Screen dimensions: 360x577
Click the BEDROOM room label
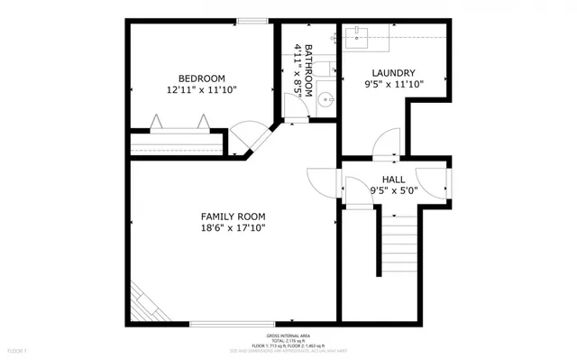[x=201, y=78]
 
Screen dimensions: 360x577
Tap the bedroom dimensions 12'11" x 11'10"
[x=201, y=90]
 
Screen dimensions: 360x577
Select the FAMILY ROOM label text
[x=233, y=217]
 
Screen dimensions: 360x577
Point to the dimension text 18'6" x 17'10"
[x=233, y=230]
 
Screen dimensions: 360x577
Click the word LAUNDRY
[x=393, y=73]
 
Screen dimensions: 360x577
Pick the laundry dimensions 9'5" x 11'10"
[x=393, y=85]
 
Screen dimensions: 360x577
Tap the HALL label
[x=394, y=180]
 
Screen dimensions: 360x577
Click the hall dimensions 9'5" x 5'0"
[x=394, y=191]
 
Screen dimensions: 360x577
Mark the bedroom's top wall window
[x=250, y=21]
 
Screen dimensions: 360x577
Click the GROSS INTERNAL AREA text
[x=288, y=334]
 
